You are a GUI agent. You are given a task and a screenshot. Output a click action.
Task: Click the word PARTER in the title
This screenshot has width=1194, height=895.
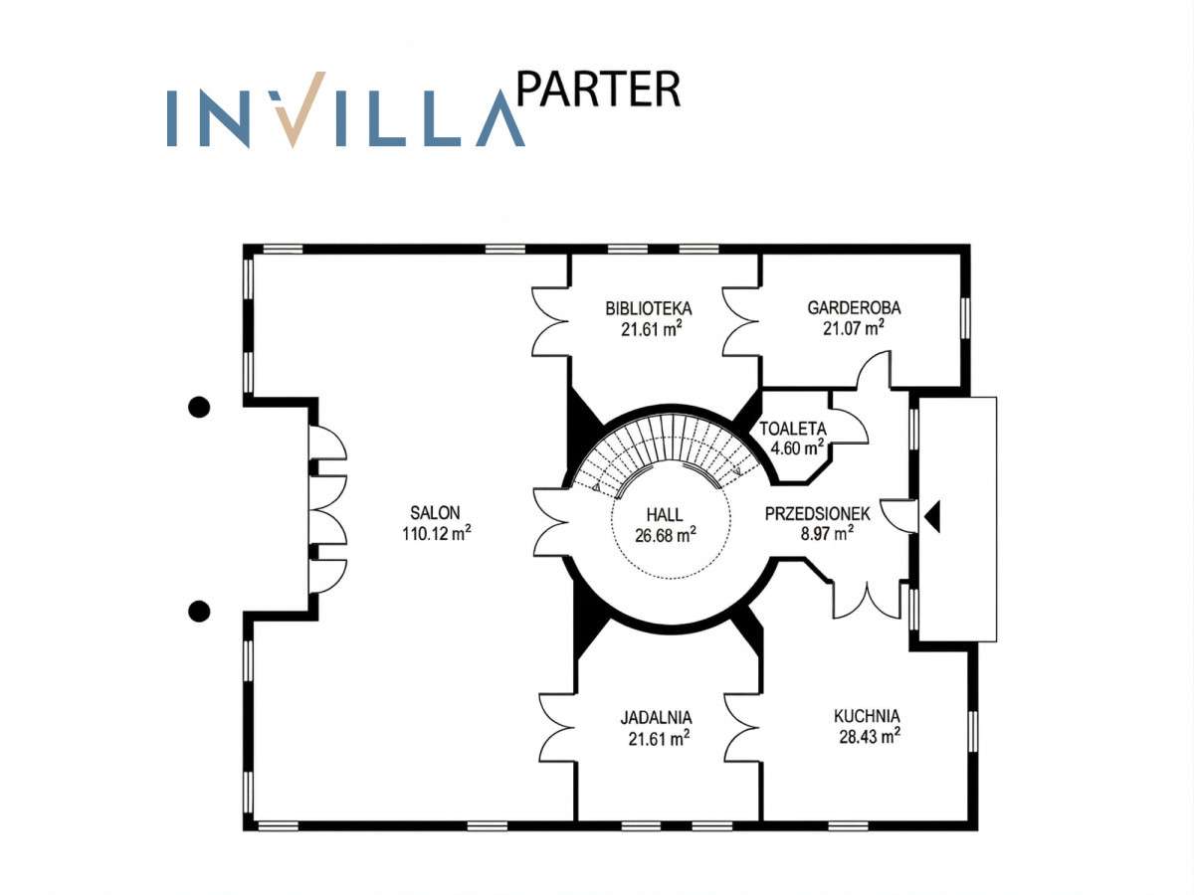click(x=598, y=89)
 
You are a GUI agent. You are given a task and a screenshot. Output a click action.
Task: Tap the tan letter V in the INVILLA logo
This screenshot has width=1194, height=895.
click(x=298, y=109)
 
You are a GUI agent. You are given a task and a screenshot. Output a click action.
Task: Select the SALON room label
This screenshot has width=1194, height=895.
click(x=435, y=512)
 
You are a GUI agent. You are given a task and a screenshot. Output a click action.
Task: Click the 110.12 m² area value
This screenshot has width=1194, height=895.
click(x=436, y=533)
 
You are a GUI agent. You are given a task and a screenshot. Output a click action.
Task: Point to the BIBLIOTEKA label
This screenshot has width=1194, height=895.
click(x=649, y=308)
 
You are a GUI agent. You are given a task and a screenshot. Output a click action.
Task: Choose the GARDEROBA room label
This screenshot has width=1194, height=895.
click(x=854, y=308)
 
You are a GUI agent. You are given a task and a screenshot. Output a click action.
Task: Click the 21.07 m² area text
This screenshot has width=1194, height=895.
click(x=854, y=328)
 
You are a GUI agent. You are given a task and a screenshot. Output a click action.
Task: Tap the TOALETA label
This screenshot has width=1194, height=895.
click(x=793, y=429)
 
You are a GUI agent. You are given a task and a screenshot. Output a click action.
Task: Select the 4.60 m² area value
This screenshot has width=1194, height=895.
click(x=797, y=448)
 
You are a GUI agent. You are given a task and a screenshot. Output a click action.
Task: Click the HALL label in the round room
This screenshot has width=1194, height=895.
click(x=665, y=514)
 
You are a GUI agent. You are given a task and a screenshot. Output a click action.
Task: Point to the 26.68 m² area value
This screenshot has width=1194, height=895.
click(x=666, y=535)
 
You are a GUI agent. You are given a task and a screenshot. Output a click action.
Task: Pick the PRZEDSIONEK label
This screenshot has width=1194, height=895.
click(x=818, y=514)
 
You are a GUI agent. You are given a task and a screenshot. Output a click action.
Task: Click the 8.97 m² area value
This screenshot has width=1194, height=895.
click(x=827, y=534)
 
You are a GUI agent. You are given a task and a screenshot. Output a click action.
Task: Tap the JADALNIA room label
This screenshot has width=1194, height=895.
click(x=656, y=718)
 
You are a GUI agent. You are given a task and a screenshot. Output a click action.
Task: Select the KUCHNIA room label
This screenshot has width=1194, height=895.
click(x=867, y=717)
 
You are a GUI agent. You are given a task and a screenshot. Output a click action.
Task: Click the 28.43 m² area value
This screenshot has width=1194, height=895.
click(x=870, y=737)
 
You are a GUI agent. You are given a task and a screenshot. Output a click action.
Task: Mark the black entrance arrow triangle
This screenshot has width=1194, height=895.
click(x=932, y=517)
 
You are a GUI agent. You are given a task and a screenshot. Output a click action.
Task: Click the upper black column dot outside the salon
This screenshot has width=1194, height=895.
click(x=199, y=407)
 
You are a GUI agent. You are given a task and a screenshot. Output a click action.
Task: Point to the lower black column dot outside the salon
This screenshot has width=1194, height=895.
click(x=199, y=612)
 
